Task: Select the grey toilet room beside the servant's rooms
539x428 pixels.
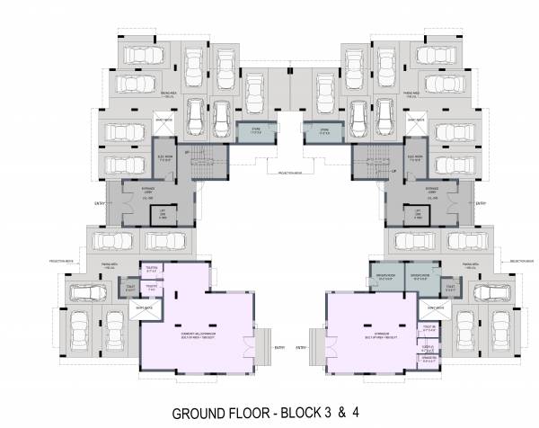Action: pos(446,288)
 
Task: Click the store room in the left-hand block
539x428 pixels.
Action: pos(254,131)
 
